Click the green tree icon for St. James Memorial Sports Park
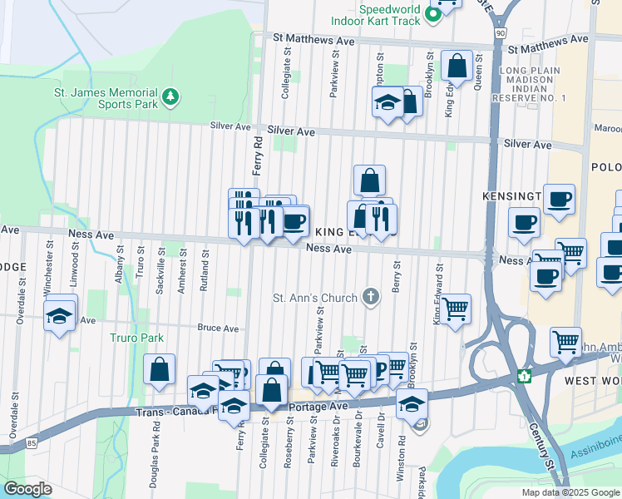171,97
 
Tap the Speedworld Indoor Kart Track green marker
432,14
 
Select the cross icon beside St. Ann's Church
371,297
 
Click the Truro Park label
137,338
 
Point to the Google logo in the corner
27,488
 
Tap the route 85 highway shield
31,445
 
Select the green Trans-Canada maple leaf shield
523,376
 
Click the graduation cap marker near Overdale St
62,315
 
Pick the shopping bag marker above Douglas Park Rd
160,369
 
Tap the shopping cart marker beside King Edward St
456,309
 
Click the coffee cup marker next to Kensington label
559,199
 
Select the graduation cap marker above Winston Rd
411,403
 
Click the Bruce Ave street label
219,329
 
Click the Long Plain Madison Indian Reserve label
532,84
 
